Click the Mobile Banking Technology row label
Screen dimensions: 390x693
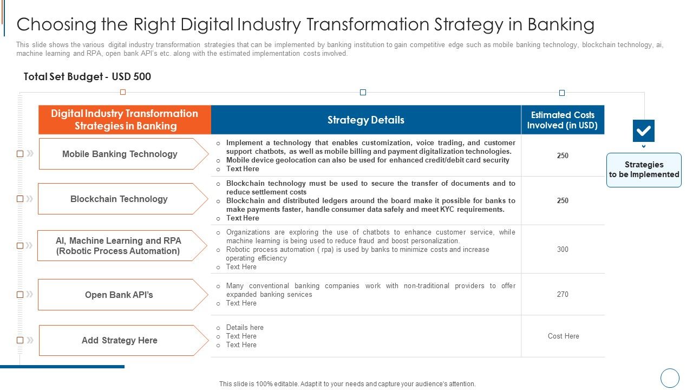tap(120, 154)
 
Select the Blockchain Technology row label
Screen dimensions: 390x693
tap(119, 199)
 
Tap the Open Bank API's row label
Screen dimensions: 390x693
tap(119, 295)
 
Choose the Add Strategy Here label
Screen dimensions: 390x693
tap(120, 340)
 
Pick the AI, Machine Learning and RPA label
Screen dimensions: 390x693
tap(119, 245)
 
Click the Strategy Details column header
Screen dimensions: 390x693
tap(365, 120)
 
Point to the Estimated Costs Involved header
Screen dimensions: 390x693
tap(563, 120)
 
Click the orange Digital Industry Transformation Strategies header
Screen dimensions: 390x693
tap(125, 120)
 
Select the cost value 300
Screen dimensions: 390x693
tap(563, 249)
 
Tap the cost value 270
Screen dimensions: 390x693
tap(563, 294)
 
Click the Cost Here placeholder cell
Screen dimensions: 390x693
tap(563, 336)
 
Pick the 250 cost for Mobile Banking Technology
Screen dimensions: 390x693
tap(563, 155)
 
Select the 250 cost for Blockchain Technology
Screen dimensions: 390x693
tap(563, 200)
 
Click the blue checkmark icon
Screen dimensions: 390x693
tap(643, 131)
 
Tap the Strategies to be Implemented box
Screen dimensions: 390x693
tap(644, 170)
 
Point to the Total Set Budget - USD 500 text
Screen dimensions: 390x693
tap(87, 76)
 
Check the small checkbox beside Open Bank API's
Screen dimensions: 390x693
tap(20, 295)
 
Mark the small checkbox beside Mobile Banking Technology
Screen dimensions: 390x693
tap(20, 154)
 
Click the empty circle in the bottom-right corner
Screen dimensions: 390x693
tap(670, 378)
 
